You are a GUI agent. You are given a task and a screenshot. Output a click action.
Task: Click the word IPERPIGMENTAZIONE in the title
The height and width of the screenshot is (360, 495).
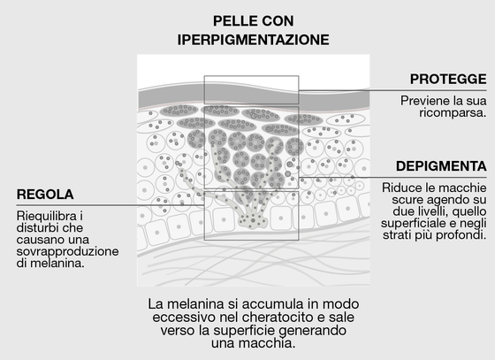[253, 40]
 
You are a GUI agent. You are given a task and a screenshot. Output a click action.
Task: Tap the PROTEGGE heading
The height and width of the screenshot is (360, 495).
[448, 79]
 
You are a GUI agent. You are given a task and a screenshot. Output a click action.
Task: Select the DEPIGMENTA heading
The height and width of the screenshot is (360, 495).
[441, 166]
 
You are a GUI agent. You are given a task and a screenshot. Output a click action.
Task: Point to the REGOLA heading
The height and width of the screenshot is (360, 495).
[45, 195]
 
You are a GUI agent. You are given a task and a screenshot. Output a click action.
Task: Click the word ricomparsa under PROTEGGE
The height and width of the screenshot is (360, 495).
[453, 112]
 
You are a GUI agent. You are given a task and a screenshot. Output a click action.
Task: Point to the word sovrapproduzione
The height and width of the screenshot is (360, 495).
[67, 252]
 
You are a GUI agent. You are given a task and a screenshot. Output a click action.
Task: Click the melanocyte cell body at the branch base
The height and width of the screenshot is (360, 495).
[253, 220]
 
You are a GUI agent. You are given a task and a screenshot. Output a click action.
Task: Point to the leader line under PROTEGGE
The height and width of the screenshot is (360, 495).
[392, 90]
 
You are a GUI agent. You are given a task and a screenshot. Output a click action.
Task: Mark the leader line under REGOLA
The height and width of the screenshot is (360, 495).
[110, 205]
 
